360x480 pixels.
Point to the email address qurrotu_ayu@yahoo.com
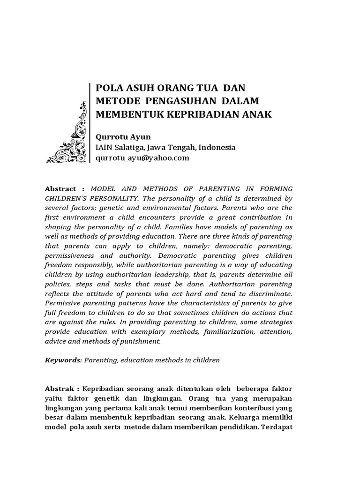tap(142, 158)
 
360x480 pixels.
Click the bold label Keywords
tap(63, 360)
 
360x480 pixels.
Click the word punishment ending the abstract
tap(139, 341)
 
